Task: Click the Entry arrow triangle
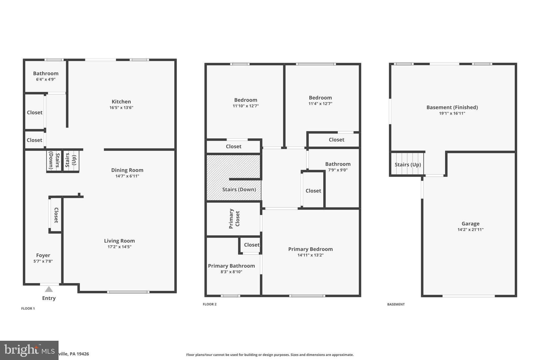(49, 289)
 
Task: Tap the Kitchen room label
(121, 102)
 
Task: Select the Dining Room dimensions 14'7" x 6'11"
(127, 176)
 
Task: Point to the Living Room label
(119, 241)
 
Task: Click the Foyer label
(43, 255)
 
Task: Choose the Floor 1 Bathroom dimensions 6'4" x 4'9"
(46, 79)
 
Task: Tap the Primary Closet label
(234, 219)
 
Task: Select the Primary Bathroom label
(231, 266)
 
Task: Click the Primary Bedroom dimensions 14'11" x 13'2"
(310, 255)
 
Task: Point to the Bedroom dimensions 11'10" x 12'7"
(245, 106)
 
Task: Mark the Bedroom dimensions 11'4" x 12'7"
(320, 104)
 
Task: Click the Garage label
(470, 224)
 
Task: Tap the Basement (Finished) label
(452, 107)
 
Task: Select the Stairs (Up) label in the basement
(408, 165)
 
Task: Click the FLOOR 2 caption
(210, 304)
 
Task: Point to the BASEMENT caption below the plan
(396, 304)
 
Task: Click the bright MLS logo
(29, 350)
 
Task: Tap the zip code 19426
(83, 354)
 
